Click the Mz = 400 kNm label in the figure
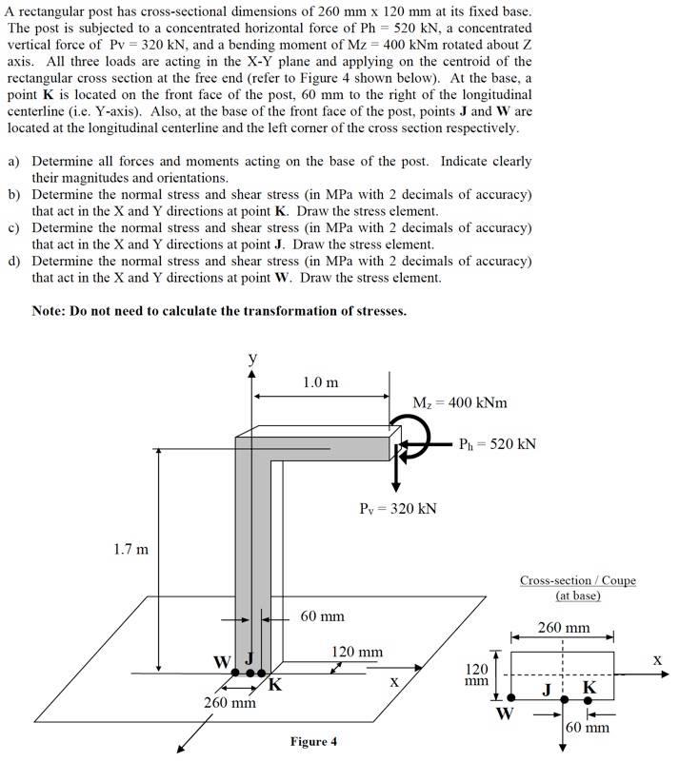[459, 402]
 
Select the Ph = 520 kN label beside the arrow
[497, 443]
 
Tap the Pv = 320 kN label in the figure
[398, 508]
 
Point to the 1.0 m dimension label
[320, 382]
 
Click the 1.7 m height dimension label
[130, 549]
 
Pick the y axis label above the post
[252, 358]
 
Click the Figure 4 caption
[313, 742]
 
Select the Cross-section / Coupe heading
[577, 580]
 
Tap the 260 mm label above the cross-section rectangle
[563, 628]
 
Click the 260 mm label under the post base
[230, 703]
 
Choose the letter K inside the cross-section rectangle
[589, 687]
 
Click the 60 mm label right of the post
[322, 616]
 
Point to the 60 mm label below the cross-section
[588, 728]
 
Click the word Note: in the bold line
[50, 311]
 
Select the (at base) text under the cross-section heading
[577, 596]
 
